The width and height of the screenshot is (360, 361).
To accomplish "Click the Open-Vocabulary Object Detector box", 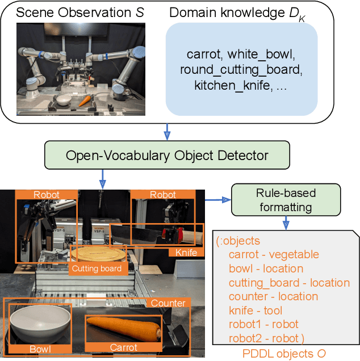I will pyautogui.click(x=168, y=155).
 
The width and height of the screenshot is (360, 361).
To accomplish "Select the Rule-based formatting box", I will pyautogui.click(x=286, y=200).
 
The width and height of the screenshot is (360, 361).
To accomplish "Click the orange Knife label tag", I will pyautogui.click(x=186, y=253).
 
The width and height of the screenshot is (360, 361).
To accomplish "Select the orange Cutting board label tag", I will pyautogui.click(x=96, y=268).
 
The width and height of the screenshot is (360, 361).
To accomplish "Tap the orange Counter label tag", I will pyautogui.click(x=168, y=304).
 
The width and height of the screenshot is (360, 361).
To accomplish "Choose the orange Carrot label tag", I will pyautogui.click(x=123, y=347).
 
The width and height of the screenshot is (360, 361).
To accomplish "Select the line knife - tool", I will pyautogui.click(x=255, y=310).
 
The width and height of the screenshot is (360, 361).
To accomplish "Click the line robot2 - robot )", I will pyautogui.click(x=266, y=338).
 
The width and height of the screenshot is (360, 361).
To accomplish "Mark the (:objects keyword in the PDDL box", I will pyautogui.click(x=237, y=241).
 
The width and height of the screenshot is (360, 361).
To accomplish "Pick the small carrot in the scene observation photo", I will pyautogui.click(x=85, y=101).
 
